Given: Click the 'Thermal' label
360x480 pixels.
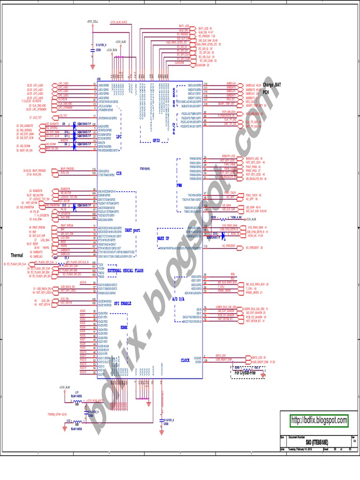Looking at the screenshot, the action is click(16, 255).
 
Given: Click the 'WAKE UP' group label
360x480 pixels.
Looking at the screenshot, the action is click(164, 239).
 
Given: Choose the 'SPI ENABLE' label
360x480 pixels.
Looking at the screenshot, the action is click(121, 303).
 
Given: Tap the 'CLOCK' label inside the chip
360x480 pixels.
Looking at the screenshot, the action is click(186, 360).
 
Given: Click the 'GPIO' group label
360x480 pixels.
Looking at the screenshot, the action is click(157, 140).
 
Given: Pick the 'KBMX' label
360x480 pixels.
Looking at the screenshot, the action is click(124, 327).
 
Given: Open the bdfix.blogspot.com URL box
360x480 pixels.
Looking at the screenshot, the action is click(319, 420).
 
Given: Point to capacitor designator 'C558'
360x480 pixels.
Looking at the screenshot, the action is click(98, 49).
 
